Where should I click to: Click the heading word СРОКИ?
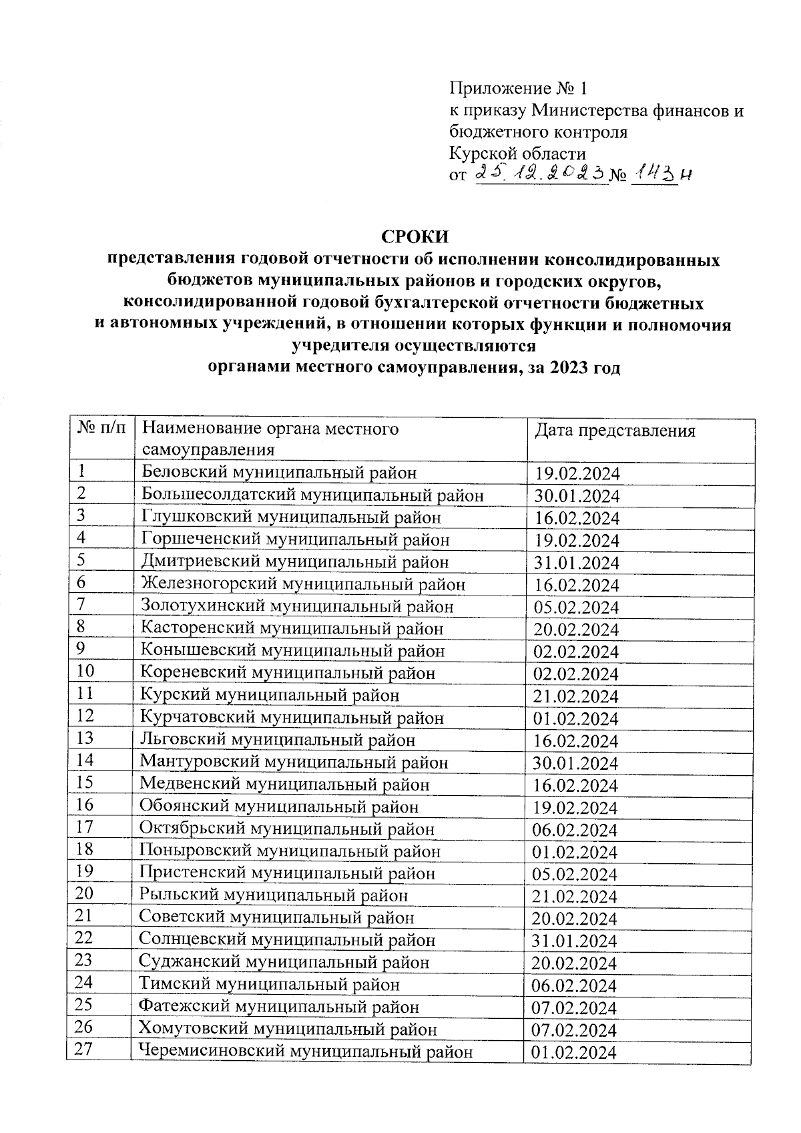(x=415, y=237)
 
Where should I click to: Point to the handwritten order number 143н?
(x=659, y=174)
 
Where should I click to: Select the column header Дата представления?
(x=615, y=431)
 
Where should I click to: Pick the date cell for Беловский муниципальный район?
(x=577, y=474)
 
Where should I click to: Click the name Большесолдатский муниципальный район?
(x=313, y=495)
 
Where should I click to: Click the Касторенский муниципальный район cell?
(x=292, y=629)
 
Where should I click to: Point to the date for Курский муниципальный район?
(x=575, y=696)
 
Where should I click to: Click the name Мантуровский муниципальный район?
(x=294, y=762)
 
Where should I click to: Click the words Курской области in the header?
(x=517, y=154)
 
